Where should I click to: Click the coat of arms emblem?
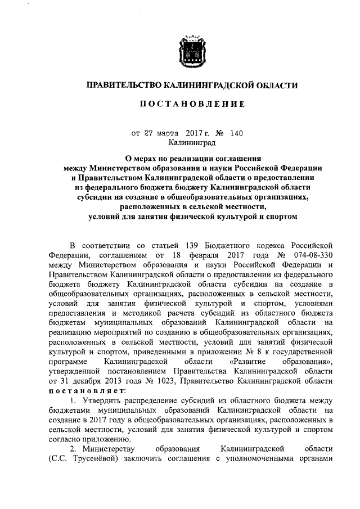pyautogui.click(x=191, y=49)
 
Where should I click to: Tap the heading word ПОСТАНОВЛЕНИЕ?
pyautogui.click(x=191, y=104)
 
